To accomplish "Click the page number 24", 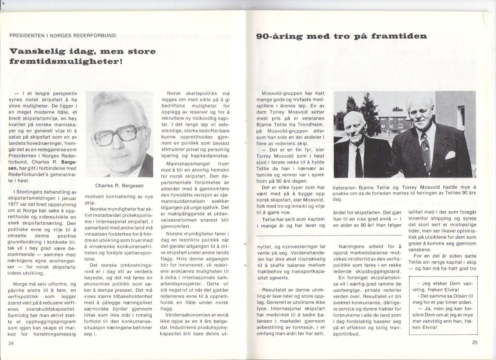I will pyautogui.click(x=11, y=343).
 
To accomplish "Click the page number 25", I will pyautogui.click(x=474, y=342).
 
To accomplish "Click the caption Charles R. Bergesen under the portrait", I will pyautogui.click(x=119, y=186).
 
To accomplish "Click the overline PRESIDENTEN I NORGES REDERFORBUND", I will pyautogui.click(x=63, y=35).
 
